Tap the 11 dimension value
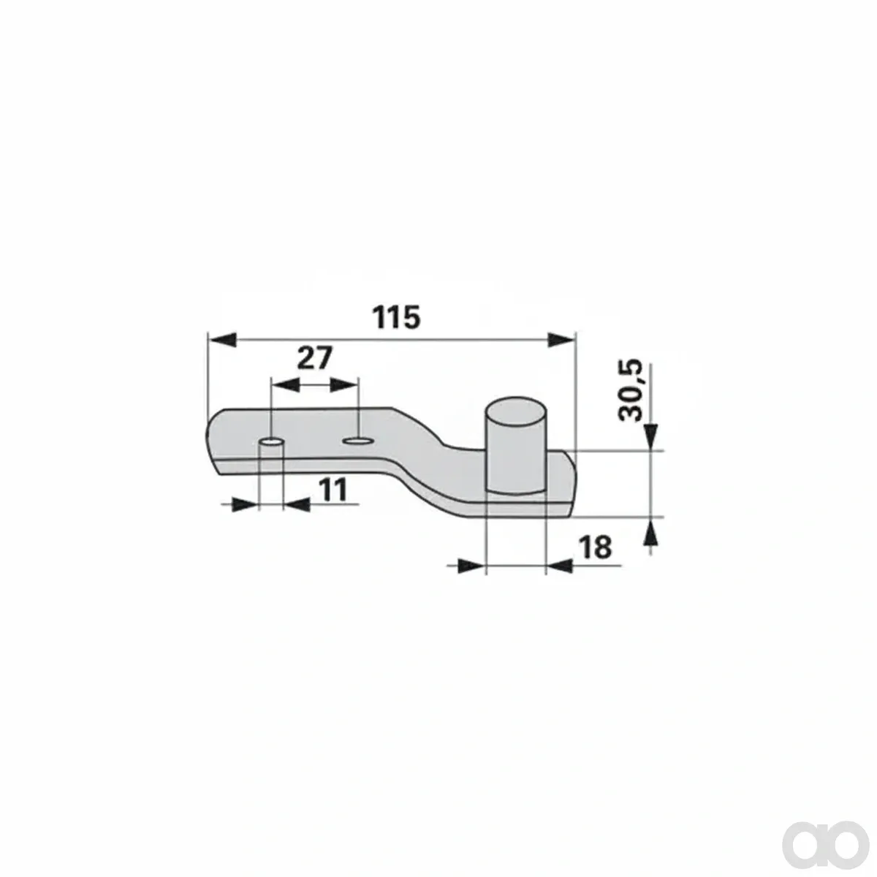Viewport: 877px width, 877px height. (x=333, y=490)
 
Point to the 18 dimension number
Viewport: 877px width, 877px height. (x=596, y=547)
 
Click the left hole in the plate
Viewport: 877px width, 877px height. (x=271, y=441)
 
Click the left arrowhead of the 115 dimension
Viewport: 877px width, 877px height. (x=222, y=339)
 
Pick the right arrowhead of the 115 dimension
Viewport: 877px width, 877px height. (x=561, y=340)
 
